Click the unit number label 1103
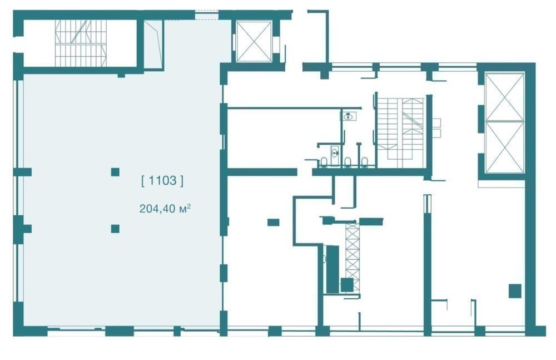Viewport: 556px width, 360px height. pyautogui.click(x=162, y=181)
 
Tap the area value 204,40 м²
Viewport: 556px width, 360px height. pyautogui.click(x=165, y=209)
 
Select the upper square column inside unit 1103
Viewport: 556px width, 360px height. pyautogui.click(x=115, y=172)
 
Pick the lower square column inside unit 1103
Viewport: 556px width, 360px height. pyautogui.click(x=115, y=228)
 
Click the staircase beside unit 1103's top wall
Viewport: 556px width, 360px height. pyautogui.click(x=81, y=43)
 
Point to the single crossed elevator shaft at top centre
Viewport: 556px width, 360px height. pyautogui.click(x=254, y=42)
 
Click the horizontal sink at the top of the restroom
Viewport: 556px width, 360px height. pyautogui.click(x=349, y=116)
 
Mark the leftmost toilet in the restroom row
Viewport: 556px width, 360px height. pyautogui.click(x=324, y=162)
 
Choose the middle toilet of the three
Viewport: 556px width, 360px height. pyautogui.click(x=348, y=162)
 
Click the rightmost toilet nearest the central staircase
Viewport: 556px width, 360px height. pyautogui.click(x=365, y=162)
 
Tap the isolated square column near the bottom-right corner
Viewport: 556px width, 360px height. pyautogui.click(x=515, y=291)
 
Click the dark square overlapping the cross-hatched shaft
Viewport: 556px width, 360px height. pyautogui.click(x=347, y=285)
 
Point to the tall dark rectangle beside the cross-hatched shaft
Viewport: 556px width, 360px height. pyautogui.click(x=332, y=269)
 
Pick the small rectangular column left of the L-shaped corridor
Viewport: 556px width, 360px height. pyautogui.click(x=273, y=223)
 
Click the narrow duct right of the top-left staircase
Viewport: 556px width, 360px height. pyautogui.click(x=153, y=43)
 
